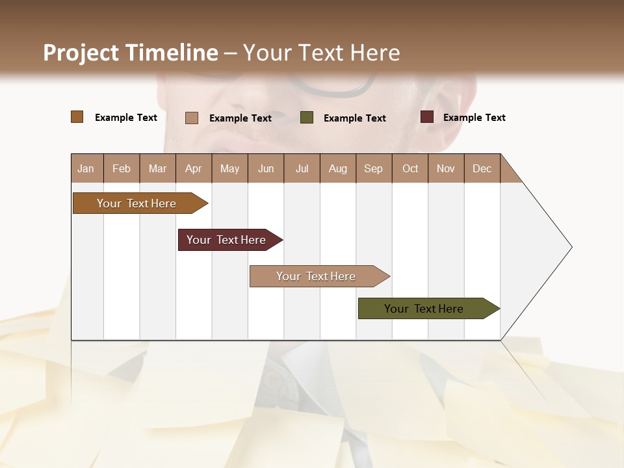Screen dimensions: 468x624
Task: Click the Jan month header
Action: (86, 168)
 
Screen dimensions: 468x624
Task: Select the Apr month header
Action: (193, 168)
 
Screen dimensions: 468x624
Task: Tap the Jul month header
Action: (302, 168)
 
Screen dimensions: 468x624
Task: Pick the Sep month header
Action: (373, 168)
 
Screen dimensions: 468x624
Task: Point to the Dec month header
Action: (482, 168)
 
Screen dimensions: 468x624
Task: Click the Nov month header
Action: (445, 168)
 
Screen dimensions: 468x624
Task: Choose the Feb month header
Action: (122, 168)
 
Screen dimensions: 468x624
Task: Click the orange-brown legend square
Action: (77, 117)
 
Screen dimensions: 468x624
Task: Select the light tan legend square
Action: (191, 118)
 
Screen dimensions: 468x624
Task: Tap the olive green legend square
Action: (307, 118)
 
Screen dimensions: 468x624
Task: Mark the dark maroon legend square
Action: (426, 117)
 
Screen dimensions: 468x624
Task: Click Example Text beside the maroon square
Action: (474, 118)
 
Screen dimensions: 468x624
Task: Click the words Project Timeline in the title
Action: (130, 53)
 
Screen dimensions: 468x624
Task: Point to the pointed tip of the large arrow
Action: (571, 247)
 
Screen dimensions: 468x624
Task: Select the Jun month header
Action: (266, 168)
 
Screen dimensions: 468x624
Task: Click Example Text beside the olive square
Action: (354, 118)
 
